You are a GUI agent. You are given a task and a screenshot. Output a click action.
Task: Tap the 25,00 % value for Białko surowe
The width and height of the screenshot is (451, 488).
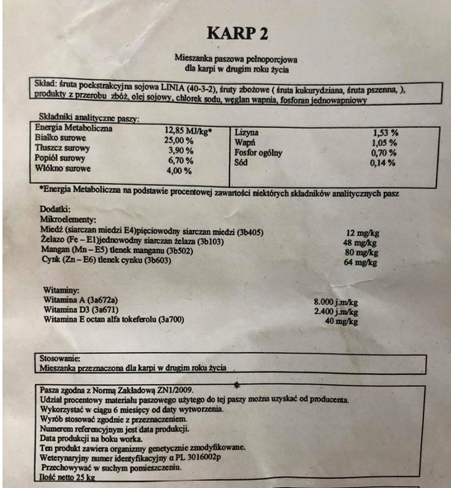[x=179, y=140]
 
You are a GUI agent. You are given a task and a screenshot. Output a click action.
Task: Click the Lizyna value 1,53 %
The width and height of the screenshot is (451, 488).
[x=385, y=132]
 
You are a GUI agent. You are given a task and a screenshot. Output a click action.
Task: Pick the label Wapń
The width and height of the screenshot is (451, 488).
[x=247, y=142]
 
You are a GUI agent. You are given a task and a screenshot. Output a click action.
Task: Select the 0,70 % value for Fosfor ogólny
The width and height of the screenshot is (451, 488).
[x=383, y=152]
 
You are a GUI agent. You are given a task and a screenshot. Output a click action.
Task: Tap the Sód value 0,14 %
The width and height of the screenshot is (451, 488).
[x=383, y=162]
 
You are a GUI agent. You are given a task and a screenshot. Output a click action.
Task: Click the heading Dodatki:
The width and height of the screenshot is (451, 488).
[x=56, y=210]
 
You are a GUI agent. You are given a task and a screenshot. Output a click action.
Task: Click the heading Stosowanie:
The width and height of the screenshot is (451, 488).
[x=59, y=359]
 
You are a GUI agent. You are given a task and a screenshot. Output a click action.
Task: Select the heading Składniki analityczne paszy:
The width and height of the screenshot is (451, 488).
[x=84, y=119]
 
